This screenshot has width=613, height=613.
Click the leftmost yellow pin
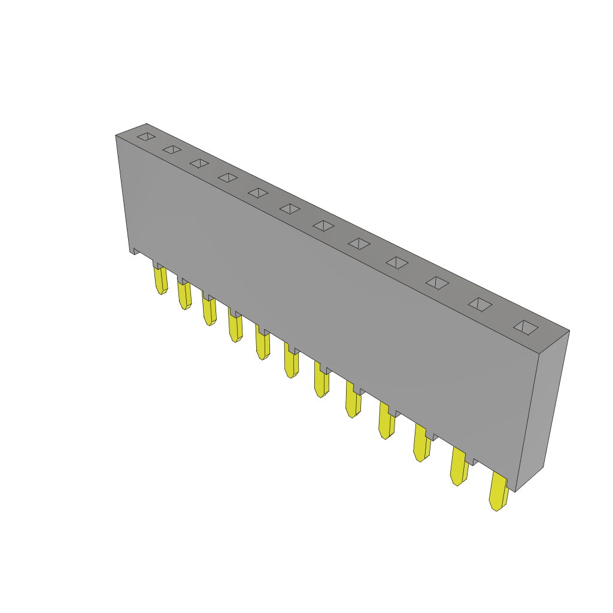click(160, 280)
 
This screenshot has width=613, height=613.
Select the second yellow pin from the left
click(184, 295)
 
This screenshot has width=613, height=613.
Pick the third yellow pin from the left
click(209, 311)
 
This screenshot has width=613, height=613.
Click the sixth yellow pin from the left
click(292, 362)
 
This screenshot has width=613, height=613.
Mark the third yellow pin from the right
click(421, 444)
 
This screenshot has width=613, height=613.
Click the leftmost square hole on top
click(146, 136)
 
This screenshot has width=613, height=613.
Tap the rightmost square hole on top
click(526, 327)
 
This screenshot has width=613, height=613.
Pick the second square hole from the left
click(172, 149)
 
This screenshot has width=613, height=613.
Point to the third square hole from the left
click(199, 163)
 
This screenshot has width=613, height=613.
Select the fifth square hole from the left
click(258, 193)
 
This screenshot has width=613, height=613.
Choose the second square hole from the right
click(480, 305)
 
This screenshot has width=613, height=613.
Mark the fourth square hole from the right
click(397, 263)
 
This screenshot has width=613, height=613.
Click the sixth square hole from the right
click(324, 226)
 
